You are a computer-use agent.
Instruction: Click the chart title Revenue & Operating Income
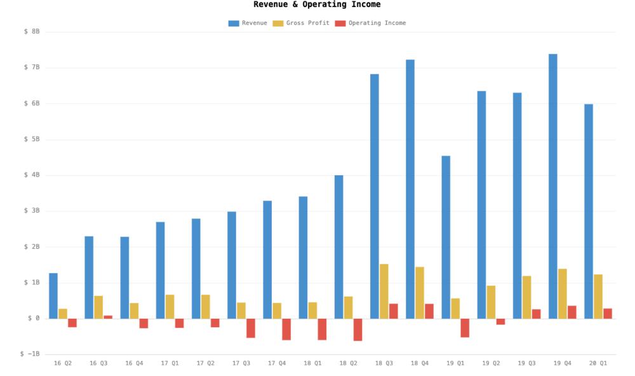pos(317,4)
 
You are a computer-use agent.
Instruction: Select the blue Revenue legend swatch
pos(234,23)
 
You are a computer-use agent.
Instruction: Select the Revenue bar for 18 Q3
pos(375,196)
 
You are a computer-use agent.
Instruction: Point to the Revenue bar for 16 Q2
pos(53,296)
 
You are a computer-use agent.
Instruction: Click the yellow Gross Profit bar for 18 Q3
pos(384,291)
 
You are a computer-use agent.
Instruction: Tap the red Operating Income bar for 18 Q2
pos(358,330)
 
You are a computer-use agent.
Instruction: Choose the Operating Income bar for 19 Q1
pos(465,328)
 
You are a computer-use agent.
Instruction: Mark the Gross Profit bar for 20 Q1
pos(598,297)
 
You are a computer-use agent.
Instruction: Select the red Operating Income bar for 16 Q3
pos(108,317)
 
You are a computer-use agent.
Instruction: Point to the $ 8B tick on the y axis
pos(32,32)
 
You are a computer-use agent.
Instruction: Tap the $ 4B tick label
pos(32,175)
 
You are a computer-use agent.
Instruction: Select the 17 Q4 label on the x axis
pos(277,363)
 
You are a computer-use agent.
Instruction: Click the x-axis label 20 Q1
pos(598,363)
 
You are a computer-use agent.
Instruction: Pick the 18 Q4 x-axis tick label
pos(420,363)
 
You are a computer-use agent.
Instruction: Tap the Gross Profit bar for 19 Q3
pos(527,297)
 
